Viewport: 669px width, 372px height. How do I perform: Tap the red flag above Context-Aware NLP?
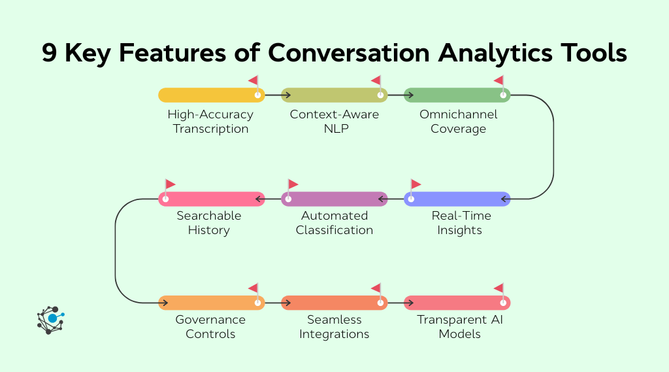(x=376, y=81)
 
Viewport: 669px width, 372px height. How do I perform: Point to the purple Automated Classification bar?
(x=334, y=199)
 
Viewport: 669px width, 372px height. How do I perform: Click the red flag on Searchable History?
(x=170, y=185)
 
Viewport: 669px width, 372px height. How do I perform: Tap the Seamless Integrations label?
(x=334, y=327)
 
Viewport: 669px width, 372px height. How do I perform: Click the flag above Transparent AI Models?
(x=499, y=288)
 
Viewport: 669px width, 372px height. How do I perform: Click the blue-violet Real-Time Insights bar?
(x=457, y=199)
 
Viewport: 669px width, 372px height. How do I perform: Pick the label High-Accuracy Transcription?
(x=210, y=122)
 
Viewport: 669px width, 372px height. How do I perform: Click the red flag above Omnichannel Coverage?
(x=499, y=81)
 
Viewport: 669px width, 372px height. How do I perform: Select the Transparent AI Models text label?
(x=460, y=327)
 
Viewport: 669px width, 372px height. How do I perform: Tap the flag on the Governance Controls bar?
(x=253, y=288)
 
